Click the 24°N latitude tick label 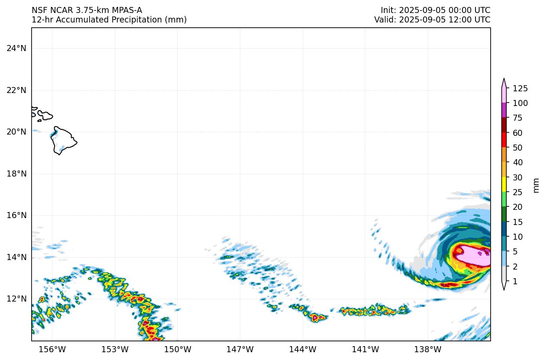[16, 48]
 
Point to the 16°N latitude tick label [16, 215]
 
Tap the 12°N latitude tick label [16, 299]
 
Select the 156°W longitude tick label [52, 350]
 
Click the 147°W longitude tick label [240, 350]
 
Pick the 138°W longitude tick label [428, 350]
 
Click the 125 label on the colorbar [520, 89]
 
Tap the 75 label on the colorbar [517, 118]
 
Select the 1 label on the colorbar [515, 281]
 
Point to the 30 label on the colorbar [517, 177]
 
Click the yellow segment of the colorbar [504, 185]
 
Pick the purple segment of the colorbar [504, 110]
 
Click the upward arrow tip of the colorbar [504, 80]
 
